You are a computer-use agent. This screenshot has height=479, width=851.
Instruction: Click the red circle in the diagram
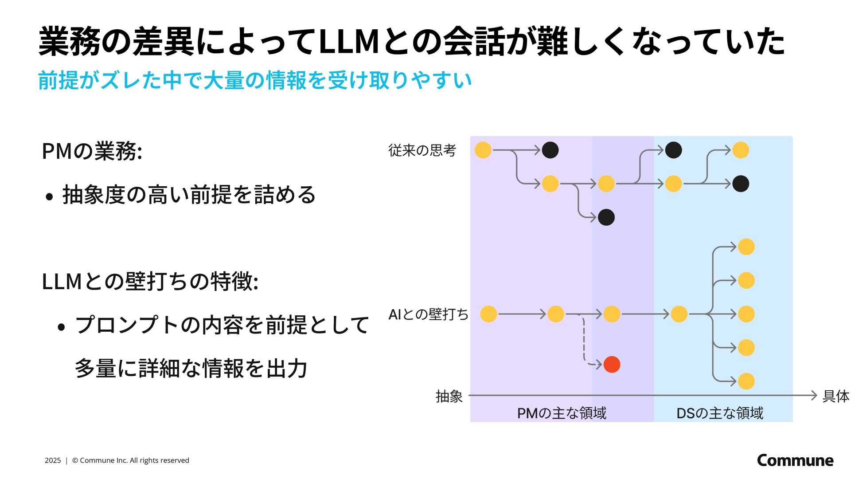(x=612, y=365)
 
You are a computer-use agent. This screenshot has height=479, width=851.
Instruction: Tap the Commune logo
(x=795, y=460)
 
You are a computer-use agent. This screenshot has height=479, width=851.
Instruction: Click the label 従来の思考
(x=422, y=150)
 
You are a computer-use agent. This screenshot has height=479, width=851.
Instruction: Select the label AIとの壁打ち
(x=428, y=314)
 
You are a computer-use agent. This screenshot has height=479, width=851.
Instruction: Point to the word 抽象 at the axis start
(x=449, y=396)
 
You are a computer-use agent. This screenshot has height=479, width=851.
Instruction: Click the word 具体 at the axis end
(x=836, y=396)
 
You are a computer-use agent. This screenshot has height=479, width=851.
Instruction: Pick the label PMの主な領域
(x=562, y=413)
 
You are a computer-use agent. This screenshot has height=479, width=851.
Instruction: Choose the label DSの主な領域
(x=720, y=413)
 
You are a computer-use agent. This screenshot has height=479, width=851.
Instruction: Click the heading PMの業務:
(x=92, y=151)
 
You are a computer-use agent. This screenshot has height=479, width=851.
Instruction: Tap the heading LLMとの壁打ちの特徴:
(x=150, y=281)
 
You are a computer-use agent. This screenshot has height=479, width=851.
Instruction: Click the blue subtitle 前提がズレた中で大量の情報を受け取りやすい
(x=255, y=80)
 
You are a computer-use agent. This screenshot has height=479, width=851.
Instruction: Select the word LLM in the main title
(x=348, y=42)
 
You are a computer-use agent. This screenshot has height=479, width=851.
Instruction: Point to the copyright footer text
(x=117, y=460)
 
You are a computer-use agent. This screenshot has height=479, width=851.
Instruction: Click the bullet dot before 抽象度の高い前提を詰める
(x=49, y=196)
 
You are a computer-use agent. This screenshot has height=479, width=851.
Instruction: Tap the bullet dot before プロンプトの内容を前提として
(x=62, y=327)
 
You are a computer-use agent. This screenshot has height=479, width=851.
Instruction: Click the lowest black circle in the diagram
(x=606, y=217)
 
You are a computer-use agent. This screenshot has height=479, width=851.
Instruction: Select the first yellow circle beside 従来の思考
(x=483, y=150)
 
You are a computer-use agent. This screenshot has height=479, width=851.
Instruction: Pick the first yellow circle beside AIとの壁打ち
(x=488, y=314)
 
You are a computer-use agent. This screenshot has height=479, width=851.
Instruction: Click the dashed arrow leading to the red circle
(x=584, y=342)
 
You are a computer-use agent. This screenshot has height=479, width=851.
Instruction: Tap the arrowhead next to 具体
(x=813, y=395)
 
